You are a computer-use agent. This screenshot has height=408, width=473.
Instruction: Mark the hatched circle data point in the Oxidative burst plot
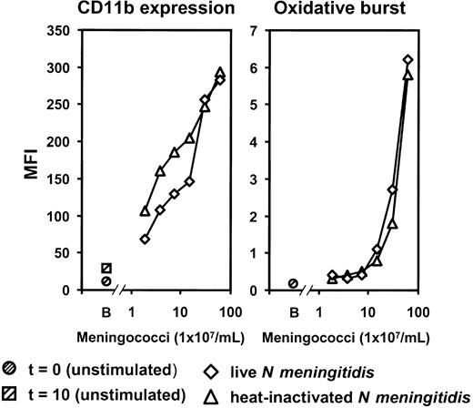click(293, 283)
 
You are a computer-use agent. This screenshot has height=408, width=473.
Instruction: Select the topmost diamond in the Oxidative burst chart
click(408, 60)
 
